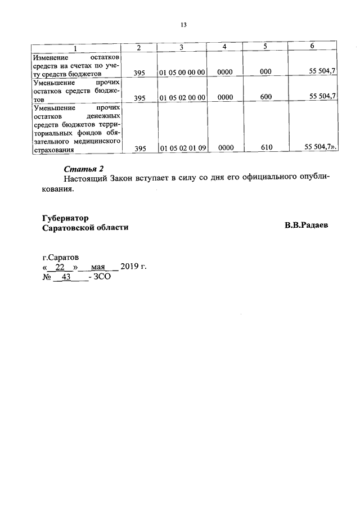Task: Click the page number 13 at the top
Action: point(183,25)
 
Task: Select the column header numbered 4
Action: point(224,47)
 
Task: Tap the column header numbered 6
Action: point(312,47)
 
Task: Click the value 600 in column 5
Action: point(266,97)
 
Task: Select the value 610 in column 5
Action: point(266,148)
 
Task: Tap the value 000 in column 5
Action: point(266,73)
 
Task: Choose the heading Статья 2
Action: point(84,169)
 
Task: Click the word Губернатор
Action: point(65,218)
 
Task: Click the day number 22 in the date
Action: point(61,267)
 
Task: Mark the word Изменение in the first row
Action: point(51,57)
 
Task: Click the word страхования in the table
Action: point(55,149)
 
